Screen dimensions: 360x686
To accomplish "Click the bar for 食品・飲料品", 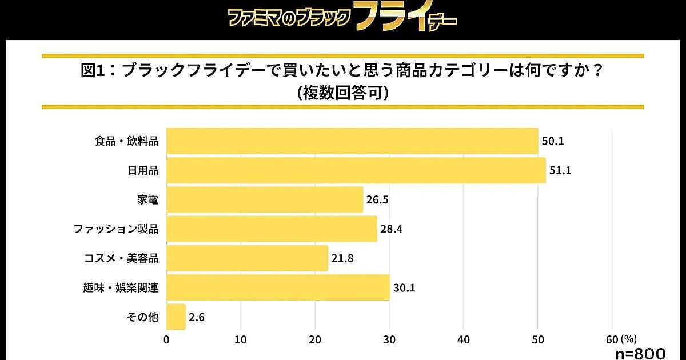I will point(352,141).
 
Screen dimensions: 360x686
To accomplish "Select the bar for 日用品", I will point(356,170).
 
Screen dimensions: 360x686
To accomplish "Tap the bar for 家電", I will point(265,200).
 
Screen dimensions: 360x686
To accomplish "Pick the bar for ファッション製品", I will point(272,229).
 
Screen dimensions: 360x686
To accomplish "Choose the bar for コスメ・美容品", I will point(247,258).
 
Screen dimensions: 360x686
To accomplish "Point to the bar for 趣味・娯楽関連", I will point(278,287).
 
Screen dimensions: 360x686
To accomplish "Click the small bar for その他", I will point(176,317).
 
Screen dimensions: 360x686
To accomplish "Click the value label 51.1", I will point(560,171).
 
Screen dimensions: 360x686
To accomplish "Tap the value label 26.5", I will point(377,200).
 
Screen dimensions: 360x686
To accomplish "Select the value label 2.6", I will point(197,317).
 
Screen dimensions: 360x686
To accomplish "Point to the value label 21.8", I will point(342,259).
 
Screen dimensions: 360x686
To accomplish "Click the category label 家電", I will point(148,200).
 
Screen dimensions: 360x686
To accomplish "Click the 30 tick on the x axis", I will point(389,339).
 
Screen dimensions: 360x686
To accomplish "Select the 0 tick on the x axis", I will point(166,339).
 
